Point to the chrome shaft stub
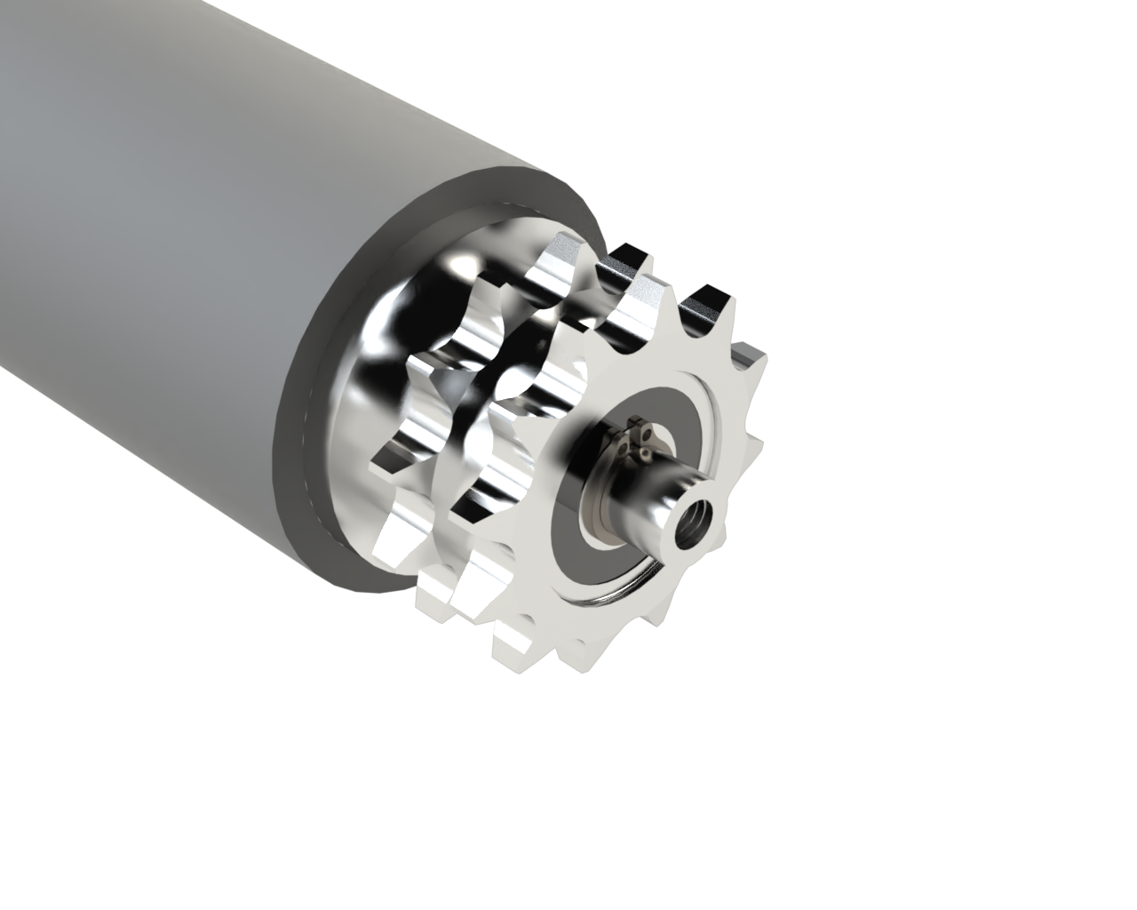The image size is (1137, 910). point(653,498)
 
